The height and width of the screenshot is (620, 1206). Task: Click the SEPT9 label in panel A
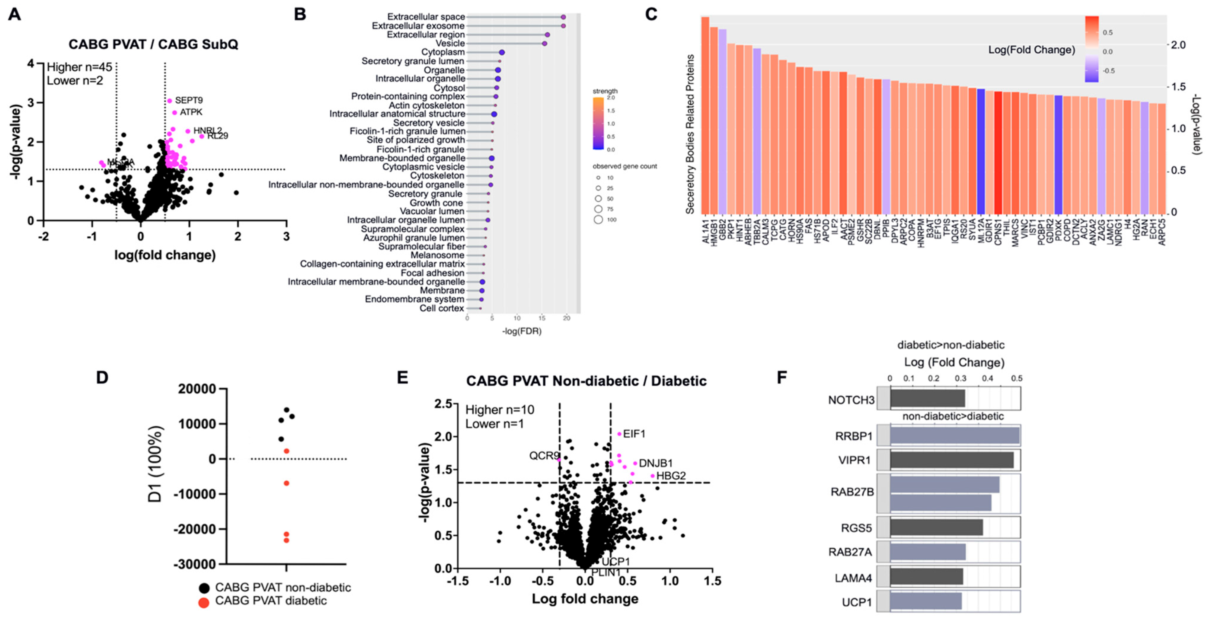189,100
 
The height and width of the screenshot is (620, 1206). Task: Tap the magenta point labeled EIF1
619,434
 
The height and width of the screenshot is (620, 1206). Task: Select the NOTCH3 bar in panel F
927,399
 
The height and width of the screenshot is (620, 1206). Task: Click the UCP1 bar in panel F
926,601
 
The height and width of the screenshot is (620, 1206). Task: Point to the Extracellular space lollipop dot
563,17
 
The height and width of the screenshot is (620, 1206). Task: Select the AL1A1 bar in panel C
705,115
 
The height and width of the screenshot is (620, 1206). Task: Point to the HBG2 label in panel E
671,476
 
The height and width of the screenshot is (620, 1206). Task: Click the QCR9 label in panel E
544,456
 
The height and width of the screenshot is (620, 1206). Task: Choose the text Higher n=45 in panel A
80,67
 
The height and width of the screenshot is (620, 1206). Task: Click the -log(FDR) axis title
522,331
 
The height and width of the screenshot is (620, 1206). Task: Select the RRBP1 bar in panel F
954,436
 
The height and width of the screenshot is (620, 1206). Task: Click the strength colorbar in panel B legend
598,123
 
